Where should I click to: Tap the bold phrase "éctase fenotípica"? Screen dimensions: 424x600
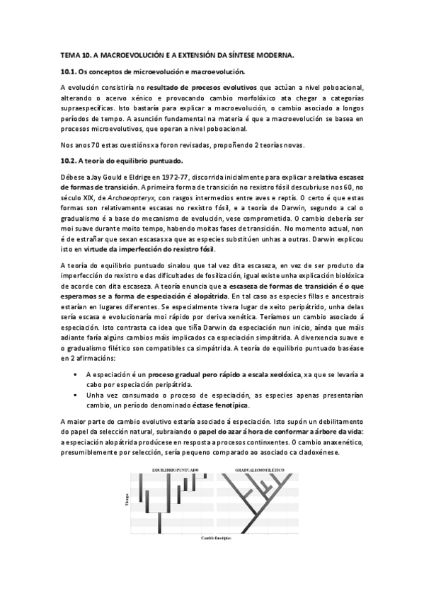(x=223, y=405)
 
